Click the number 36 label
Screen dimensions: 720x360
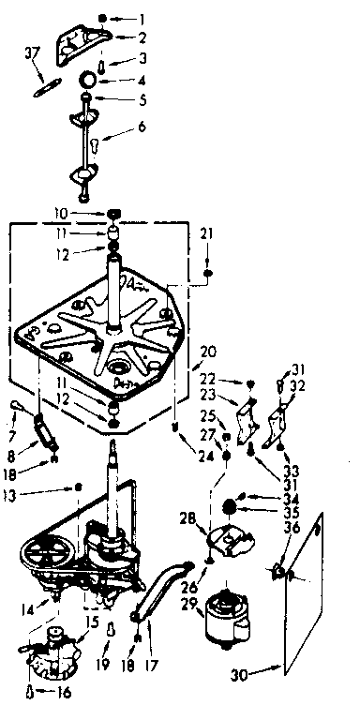pos(291,528)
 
